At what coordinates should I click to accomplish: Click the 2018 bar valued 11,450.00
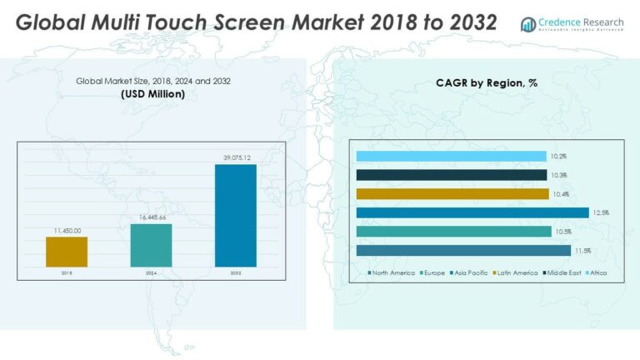pos(67,252)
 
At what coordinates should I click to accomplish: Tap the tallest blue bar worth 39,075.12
pos(236,215)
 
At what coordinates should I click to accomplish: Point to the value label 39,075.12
pos(236,157)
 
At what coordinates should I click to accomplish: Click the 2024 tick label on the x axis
pos(152,272)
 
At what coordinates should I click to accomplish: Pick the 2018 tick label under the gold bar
pos(67,272)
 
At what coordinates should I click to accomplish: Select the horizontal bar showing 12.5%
pos(472,212)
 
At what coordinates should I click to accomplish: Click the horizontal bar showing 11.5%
pos(463,251)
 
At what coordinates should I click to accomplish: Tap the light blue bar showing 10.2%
pos(451,156)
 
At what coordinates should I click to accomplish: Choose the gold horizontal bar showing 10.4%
pos(452,194)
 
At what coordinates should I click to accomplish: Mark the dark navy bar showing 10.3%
pos(451,175)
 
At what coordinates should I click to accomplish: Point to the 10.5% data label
pos(563,232)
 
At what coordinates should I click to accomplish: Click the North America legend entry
pos(392,272)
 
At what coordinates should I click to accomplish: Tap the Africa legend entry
pos(596,272)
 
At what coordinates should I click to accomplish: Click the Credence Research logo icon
pos(527,24)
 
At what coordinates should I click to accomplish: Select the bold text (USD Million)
pos(152,94)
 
